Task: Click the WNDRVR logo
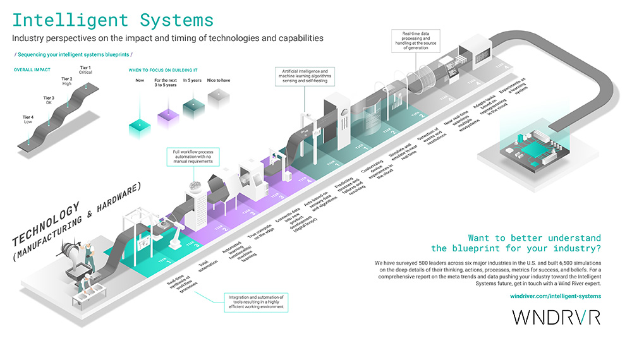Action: tap(556, 317)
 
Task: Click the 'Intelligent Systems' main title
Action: tap(113, 20)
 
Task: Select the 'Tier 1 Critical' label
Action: tap(85, 70)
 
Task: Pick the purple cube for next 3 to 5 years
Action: tap(165, 115)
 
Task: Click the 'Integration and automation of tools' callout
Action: tap(255, 301)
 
